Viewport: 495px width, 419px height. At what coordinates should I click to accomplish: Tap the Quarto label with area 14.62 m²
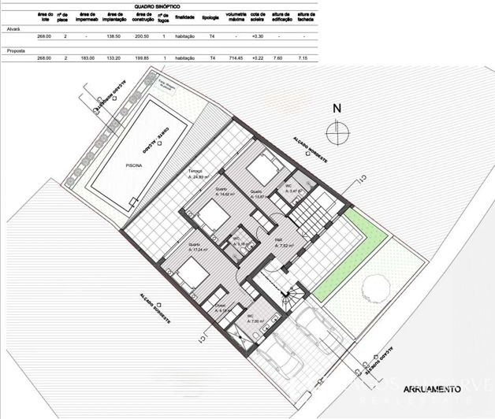pos(221,191)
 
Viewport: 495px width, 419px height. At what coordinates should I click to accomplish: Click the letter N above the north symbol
pos(337,109)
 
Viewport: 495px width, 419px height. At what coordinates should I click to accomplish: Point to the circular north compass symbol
pos(338,128)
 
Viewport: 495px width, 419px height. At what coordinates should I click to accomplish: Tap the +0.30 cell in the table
pos(257,37)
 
